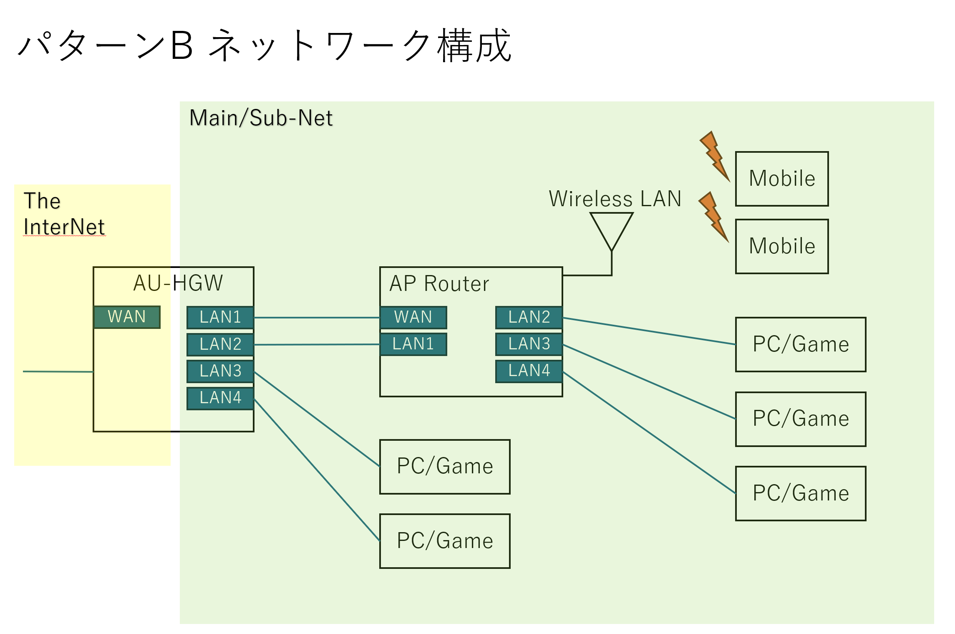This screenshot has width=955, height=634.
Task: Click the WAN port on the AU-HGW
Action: (x=127, y=317)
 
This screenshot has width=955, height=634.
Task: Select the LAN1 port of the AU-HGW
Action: (x=220, y=317)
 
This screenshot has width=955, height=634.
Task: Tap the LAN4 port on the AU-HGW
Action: (x=220, y=398)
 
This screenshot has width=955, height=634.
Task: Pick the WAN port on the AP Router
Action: (x=413, y=317)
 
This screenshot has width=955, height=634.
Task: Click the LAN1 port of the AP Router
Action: (x=413, y=344)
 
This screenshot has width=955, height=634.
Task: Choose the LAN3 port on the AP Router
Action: (x=529, y=344)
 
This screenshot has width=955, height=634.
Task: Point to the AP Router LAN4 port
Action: (x=529, y=371)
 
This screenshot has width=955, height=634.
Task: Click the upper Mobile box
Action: (x=782, y=179)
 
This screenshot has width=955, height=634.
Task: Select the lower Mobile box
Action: (x=782, y=246)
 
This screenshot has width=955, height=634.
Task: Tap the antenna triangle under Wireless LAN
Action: (x=612, y=227)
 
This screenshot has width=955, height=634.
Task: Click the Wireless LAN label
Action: (x=615, y=199)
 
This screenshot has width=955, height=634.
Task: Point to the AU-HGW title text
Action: (x=178, y=283)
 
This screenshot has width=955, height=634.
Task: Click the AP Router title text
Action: (x=439, y=284)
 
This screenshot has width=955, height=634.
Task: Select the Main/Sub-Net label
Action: (x=261, y=118)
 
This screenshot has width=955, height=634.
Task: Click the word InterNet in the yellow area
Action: (x=64, y=227)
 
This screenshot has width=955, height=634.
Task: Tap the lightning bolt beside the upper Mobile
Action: (x=714, y=157)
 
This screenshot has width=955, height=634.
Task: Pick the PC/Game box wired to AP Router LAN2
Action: (x=800, y=344)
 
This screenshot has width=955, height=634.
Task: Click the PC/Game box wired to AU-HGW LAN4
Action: (x=445, y=541)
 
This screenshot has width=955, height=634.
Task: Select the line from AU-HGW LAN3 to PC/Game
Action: (x=317, y=419)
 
